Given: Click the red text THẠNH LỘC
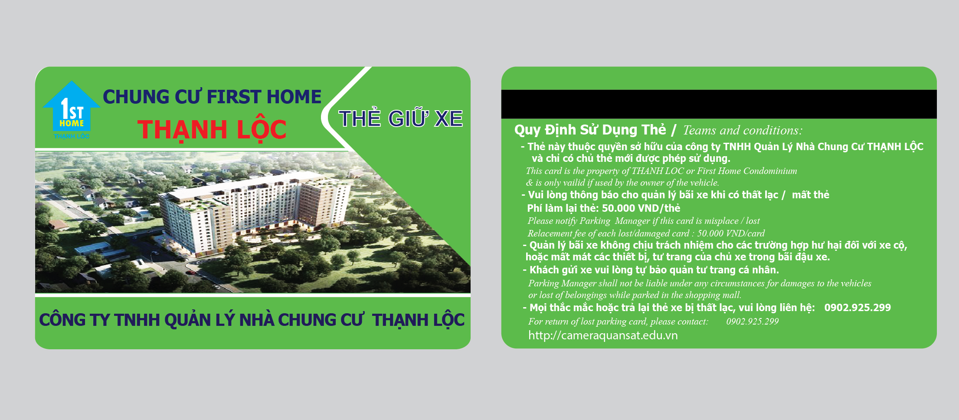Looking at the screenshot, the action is [x=212, y=130].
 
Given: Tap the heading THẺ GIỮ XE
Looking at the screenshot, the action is [x=400, y=118].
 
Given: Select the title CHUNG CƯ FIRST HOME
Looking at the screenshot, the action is [x=212, y=97].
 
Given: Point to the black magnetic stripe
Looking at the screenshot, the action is [x=719, y=104].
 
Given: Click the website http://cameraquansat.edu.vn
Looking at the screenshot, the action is [x=603, y=335].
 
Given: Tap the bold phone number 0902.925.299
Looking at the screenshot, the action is [x=858, y=308].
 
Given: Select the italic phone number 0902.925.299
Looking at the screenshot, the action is [x=753, y=322].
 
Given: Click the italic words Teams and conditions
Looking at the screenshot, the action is [x=743, y=130].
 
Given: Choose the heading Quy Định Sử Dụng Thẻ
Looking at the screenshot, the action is [x=590, y=130].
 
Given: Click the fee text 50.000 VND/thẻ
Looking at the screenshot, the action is [x=641, y=208].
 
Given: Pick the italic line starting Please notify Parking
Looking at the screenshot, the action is [x=644, y=221].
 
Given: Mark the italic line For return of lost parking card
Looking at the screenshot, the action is [x=618, y=322].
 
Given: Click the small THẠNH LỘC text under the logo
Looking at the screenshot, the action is [x=72, y=136].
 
